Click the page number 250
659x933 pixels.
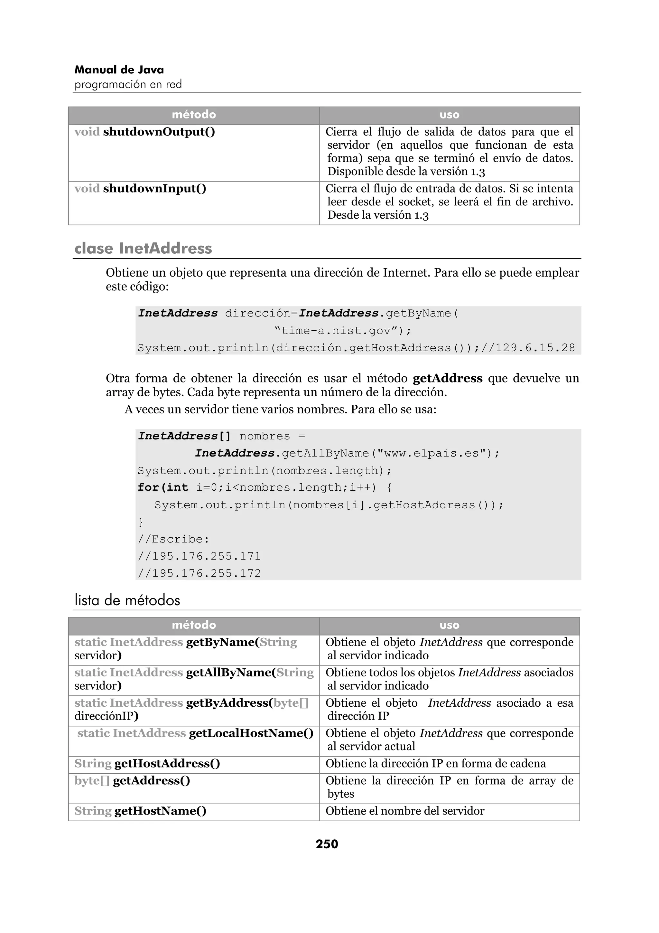327,844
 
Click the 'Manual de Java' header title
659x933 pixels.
119,70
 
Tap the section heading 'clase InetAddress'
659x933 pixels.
143,248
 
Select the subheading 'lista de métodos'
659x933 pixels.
127,600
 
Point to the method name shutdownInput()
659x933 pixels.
154,189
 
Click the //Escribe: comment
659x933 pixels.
173,539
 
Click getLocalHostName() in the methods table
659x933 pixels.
251,733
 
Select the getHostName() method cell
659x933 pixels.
160,811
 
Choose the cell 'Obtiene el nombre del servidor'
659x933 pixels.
405,811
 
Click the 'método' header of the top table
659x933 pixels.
194,115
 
